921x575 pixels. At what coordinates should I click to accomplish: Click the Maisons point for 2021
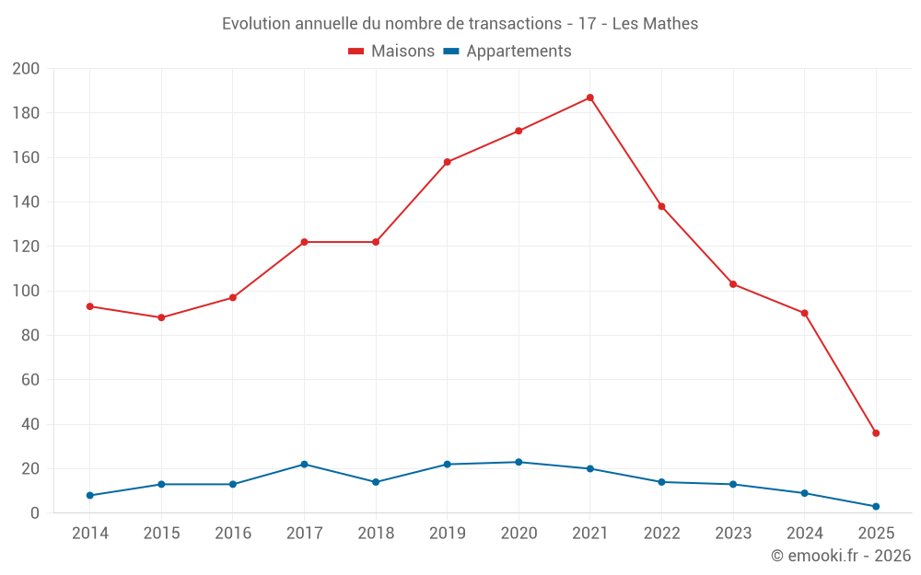(x=590, y=98)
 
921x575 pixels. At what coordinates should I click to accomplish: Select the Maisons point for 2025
(x=876, y=433)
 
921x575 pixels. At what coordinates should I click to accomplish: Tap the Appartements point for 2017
(x=304, y=465)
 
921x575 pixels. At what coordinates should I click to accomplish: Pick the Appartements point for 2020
(x=519, y=462)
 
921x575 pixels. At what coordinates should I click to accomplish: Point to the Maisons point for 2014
(x=89, y=306)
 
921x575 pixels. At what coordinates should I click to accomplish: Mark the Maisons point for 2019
(x=447, y=162)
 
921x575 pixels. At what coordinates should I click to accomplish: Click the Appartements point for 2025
(x=876, y=506)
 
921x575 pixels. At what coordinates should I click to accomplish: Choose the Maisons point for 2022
(x=661, y=206)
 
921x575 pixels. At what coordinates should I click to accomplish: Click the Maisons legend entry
(x=391, y=52)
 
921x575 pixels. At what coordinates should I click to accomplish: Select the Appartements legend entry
(x=507, y=52)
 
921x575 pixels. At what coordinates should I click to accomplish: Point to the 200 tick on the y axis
(x=26, y=69)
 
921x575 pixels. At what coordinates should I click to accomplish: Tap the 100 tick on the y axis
(x=26, y=292)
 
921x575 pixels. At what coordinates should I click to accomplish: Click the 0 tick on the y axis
(x=35, y=513)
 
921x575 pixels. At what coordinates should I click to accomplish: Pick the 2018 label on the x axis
(x=375, y=534)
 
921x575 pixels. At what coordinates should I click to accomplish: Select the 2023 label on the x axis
(x=733, y=534)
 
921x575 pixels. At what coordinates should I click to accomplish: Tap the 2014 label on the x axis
(x=89, y=534)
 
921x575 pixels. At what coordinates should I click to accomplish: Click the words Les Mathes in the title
(x=655, y=24)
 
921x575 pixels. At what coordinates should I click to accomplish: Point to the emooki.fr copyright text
(x=841, y=556)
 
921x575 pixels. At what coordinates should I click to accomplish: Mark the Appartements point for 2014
(x=89, y=495)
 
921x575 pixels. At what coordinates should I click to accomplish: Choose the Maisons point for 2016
(x=232, y=297)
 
